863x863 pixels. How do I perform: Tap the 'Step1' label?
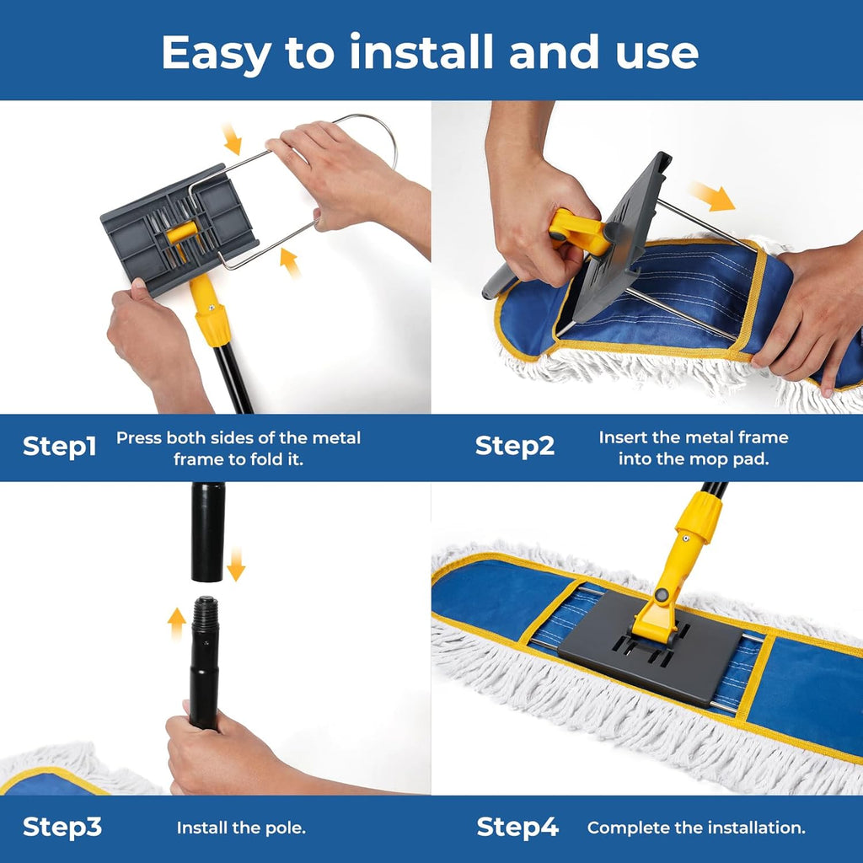tap(59, 447)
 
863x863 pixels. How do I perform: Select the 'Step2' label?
tap(514, 447)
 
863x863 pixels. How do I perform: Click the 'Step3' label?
tap(62, 827)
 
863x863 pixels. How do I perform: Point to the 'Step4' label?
tap(517, 827)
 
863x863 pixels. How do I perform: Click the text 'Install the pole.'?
tap(241, 828)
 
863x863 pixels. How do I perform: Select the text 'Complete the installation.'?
tap(696, 828)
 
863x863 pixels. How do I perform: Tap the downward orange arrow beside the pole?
tap(236, 563)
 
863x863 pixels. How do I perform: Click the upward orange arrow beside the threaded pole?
tap(177, 624)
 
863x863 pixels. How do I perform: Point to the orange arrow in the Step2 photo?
tap(712, 196)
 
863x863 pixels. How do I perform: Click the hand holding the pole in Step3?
tap(206, 750)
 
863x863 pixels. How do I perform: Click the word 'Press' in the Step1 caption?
tap(139, 438)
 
